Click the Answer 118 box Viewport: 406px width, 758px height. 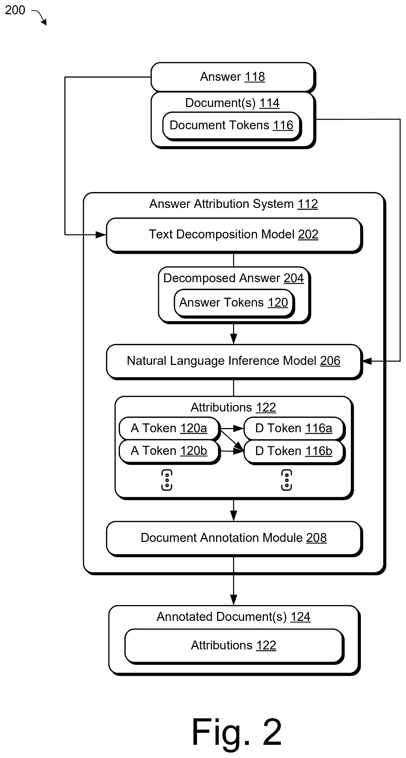tap(233, 77)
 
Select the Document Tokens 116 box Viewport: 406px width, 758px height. tap(232, 126)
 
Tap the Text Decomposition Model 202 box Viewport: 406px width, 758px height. tap(234, 235)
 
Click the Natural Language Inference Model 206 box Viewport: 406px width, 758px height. tap(234, 361)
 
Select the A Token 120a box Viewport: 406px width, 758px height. tap(170, 428)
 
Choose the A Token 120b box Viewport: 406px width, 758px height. tap(170, 452)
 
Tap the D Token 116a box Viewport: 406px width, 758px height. tap(294, 428)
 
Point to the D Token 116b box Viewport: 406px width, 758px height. tap(294, 452)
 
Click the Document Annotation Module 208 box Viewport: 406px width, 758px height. tap(234, 538)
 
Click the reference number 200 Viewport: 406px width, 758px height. tap(15, 10)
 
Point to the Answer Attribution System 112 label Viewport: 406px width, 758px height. tap(234, 204)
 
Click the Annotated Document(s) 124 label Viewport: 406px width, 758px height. tap(234, 617)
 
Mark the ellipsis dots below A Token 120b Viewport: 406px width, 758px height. tap(167, 480)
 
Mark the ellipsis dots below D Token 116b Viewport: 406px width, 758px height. tap(287, 480)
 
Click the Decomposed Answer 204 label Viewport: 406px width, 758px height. tap(234, 278)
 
